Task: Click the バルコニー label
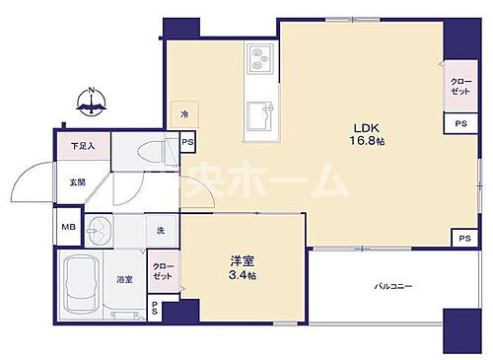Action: (x=392, y=287)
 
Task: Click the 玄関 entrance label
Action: (x=77, y=182)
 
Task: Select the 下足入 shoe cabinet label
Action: (x=83, y=147)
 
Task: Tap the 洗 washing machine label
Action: (x=160, y=231)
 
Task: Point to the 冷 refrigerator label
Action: (x=183, y=114)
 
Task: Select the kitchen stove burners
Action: (x=258, y=58)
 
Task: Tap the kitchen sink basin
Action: (x=260, y=114)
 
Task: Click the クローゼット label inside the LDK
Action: (x=460, y=86)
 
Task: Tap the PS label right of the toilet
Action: (x=188, y=143)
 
